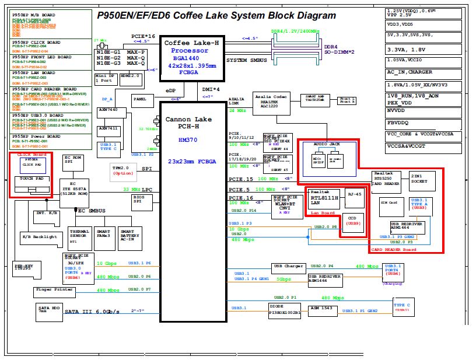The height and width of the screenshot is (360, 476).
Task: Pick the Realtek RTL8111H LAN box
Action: pyautogui.click(x=324, y=198)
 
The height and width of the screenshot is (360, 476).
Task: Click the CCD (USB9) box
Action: pyautogui.click(x=352, y=222)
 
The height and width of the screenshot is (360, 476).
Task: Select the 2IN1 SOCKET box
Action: pyautogui.click(x=421, y=181)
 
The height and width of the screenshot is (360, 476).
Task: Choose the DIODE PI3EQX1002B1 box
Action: pyautogui.click(x=285, y=310)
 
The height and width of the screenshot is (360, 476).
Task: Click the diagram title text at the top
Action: pyautogui.click(x=216, y=16)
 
